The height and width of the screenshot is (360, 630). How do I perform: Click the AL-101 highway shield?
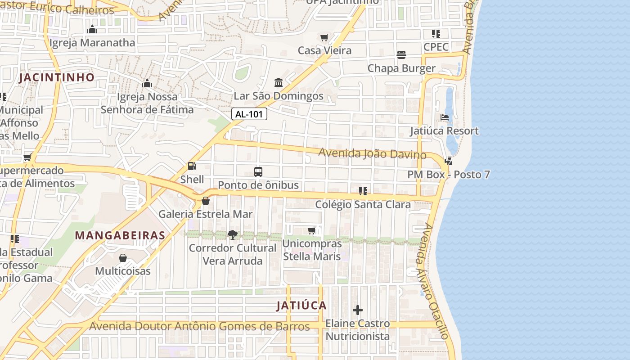point(249,114)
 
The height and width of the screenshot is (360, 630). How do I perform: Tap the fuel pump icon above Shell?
point(192,166)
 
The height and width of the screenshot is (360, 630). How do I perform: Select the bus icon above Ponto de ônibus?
point(258,172)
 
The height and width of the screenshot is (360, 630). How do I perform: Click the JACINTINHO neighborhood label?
point(57,77)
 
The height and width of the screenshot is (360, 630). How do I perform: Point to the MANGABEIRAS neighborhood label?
point(120,235)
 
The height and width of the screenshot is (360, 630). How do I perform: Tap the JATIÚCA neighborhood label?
point(301,306)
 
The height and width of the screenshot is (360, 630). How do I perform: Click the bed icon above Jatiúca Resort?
point(445,117)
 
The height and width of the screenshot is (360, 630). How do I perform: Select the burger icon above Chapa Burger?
point(401,55)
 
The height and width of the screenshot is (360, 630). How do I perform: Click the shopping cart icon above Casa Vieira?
point(324,37)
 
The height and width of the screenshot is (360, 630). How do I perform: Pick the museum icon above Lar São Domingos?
point(279,83)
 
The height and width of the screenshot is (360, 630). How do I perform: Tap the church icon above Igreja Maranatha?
point(92,30)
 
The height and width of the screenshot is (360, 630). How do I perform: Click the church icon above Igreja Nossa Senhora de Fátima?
point(147,83)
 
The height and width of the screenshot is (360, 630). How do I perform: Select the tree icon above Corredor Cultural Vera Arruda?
point(233,234)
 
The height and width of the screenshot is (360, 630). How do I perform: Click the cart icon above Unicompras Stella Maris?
point(312,231)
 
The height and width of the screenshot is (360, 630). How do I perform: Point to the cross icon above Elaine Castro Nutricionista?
point(358,310)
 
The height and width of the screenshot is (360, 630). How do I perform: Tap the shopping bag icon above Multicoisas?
point(123,258)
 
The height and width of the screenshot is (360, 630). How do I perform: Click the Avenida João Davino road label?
point(372,153)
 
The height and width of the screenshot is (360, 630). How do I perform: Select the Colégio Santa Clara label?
point(363,204)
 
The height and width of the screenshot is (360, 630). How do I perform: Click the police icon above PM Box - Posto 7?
point(448,161)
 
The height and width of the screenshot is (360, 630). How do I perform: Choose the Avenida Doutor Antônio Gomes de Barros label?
point(199,326)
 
